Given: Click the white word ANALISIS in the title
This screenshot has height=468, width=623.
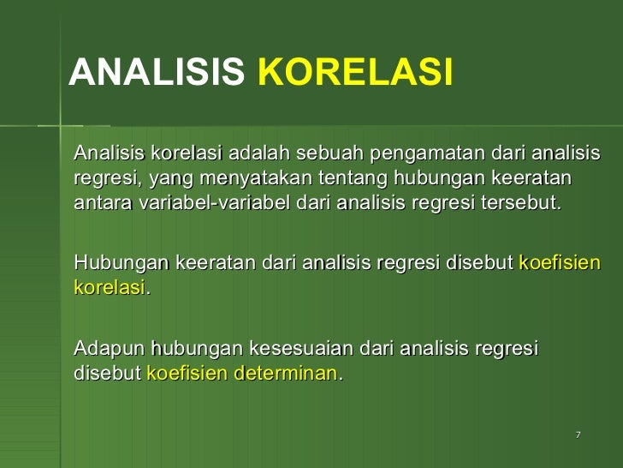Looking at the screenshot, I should click(x=156, y=74).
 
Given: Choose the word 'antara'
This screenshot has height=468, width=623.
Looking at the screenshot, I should click(x=98, y=205).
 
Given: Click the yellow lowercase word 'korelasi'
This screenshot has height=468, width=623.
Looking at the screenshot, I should click(x=110, y=288).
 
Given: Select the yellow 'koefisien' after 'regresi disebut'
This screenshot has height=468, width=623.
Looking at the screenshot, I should click(x=560, y=263).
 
